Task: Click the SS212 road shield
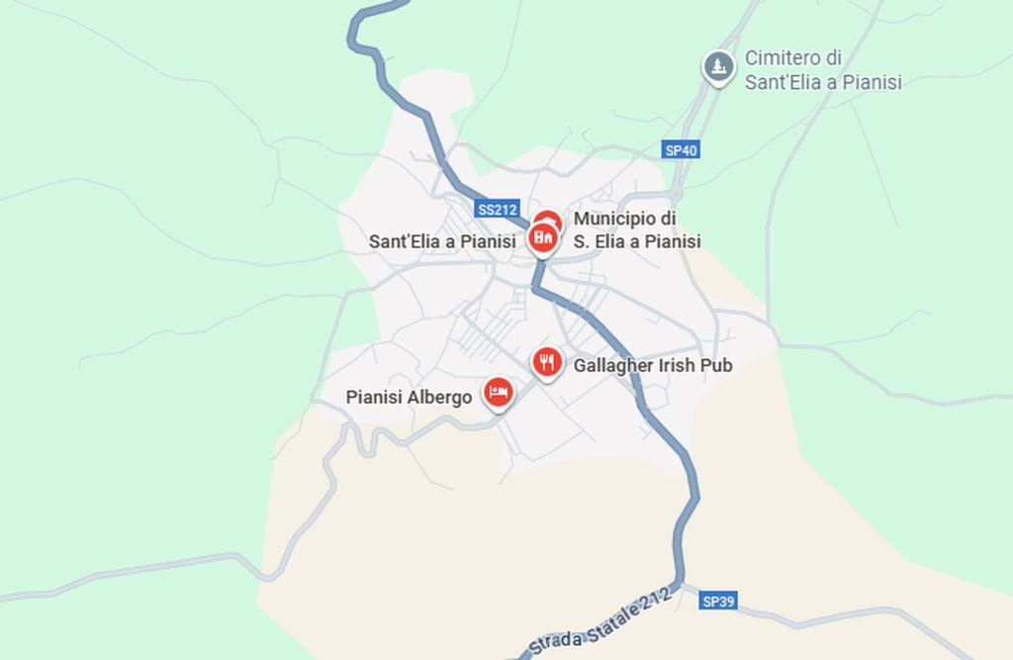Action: [x=497, y=210]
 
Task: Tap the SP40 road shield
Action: [x=681, y=150]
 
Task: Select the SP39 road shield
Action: [x=717, y=601]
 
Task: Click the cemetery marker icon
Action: [x=719, y=67]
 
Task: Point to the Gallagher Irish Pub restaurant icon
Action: [x=547, y=362]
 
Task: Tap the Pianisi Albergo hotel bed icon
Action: [x=498, y=392]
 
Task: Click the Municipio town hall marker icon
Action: [x=542, y=237]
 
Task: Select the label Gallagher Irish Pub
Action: [x=653, y=366]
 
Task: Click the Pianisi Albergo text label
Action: [x=409, y=398]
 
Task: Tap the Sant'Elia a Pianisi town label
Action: [x=442, y=241]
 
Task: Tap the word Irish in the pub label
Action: [x=677, y=366]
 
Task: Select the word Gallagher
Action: [x=613, y=366]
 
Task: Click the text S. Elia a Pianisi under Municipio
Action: [x=637, y=241]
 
